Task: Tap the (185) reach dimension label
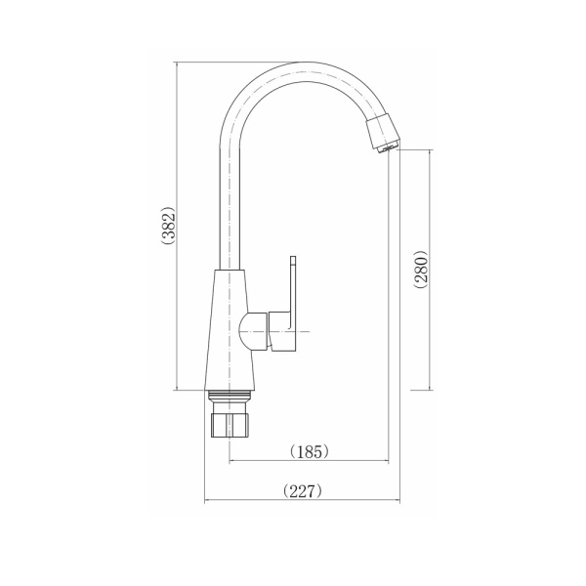[x=309, y=451]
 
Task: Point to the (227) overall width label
[x=302, y=491]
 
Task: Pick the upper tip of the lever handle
[x=292, y=262]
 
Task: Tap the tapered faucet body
[x=231, y=332]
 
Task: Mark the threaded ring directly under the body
[x=231, y=396]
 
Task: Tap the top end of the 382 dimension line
[x=176, y=63]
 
